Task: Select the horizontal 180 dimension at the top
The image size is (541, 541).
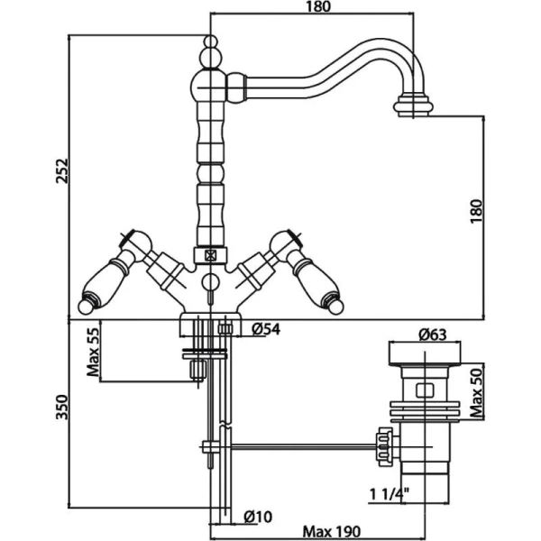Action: (318, 6)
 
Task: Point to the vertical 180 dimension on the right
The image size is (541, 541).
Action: (476, 211)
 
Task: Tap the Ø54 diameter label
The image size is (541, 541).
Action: (266, 329)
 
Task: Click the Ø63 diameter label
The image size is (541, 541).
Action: (433, 335)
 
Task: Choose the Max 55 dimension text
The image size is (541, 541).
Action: (93, 352)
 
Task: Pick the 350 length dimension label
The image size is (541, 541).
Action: (62, 408)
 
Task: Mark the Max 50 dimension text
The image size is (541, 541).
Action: (477, 392)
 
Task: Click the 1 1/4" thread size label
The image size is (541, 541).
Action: (390, 495)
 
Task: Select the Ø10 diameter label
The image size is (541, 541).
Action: (258, 517)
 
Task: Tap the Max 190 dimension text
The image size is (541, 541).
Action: (331, 531)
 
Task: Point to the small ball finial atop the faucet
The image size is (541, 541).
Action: (211, 41)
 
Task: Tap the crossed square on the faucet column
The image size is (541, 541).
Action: (210, 256)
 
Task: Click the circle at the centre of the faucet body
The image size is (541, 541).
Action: (210, 282)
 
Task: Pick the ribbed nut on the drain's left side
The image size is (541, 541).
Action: (385, 447)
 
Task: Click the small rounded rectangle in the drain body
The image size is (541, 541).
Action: (425, 390)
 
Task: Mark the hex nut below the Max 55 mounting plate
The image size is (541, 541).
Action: (198, 370)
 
